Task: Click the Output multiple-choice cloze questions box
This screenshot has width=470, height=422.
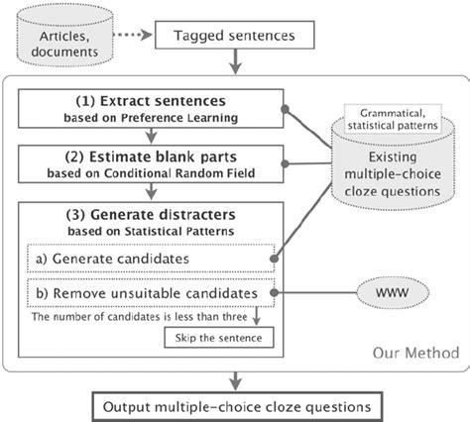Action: [x=234, y=404]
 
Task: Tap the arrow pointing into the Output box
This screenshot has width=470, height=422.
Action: [x=234, y=381]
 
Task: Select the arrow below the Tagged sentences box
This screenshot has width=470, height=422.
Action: [x=234, y=63]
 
